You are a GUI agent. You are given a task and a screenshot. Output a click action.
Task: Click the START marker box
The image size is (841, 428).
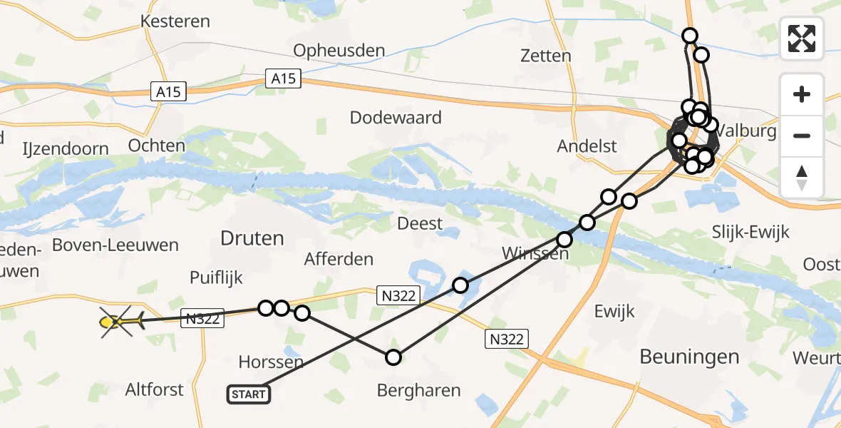pyautogui.click(x=249, y=394)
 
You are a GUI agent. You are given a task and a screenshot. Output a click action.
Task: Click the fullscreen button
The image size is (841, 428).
pyautogui.click(x=802, y=39)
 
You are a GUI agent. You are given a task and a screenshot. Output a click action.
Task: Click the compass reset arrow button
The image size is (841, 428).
pyautogui.click(x=802, y=177)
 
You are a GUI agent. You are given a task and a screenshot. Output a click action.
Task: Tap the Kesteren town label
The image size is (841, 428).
pyautogui.click(x=175, y=21)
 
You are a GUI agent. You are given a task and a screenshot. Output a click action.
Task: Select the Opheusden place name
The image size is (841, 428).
pyautogui.click(x=339, y=51)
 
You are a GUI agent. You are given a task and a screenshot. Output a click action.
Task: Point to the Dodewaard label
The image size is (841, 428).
pyautogui.click(x=396, y=118)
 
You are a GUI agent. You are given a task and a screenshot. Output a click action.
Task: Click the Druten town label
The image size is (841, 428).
pyautogui.click(x=252, y=238)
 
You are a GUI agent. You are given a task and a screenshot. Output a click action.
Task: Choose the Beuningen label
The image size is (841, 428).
pyautogui.click(x=689, y=357)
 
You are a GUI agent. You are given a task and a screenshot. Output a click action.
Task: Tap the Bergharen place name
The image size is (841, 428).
pyautogui.click(x=419, y=390)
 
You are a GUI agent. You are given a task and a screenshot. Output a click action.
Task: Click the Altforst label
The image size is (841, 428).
pyautogui.click(x=155, y=389)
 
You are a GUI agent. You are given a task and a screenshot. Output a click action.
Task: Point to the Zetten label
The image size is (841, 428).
pyautogui.click(x=545, y=56)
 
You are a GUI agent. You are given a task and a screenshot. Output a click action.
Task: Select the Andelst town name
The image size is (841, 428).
pyautogui.click(x=587, y=146)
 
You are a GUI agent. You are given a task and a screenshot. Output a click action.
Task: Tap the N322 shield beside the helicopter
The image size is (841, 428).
pyautogui.click(x=203, y=318)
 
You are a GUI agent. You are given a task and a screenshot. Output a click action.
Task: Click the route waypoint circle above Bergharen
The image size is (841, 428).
pyautogui.click(x=393, y=357)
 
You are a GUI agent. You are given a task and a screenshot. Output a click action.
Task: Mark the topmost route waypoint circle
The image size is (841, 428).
pyautogui.click(x=689, y=36)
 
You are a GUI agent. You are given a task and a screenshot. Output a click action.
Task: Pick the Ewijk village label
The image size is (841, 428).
pyautogui.click(x=614, y=311)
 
